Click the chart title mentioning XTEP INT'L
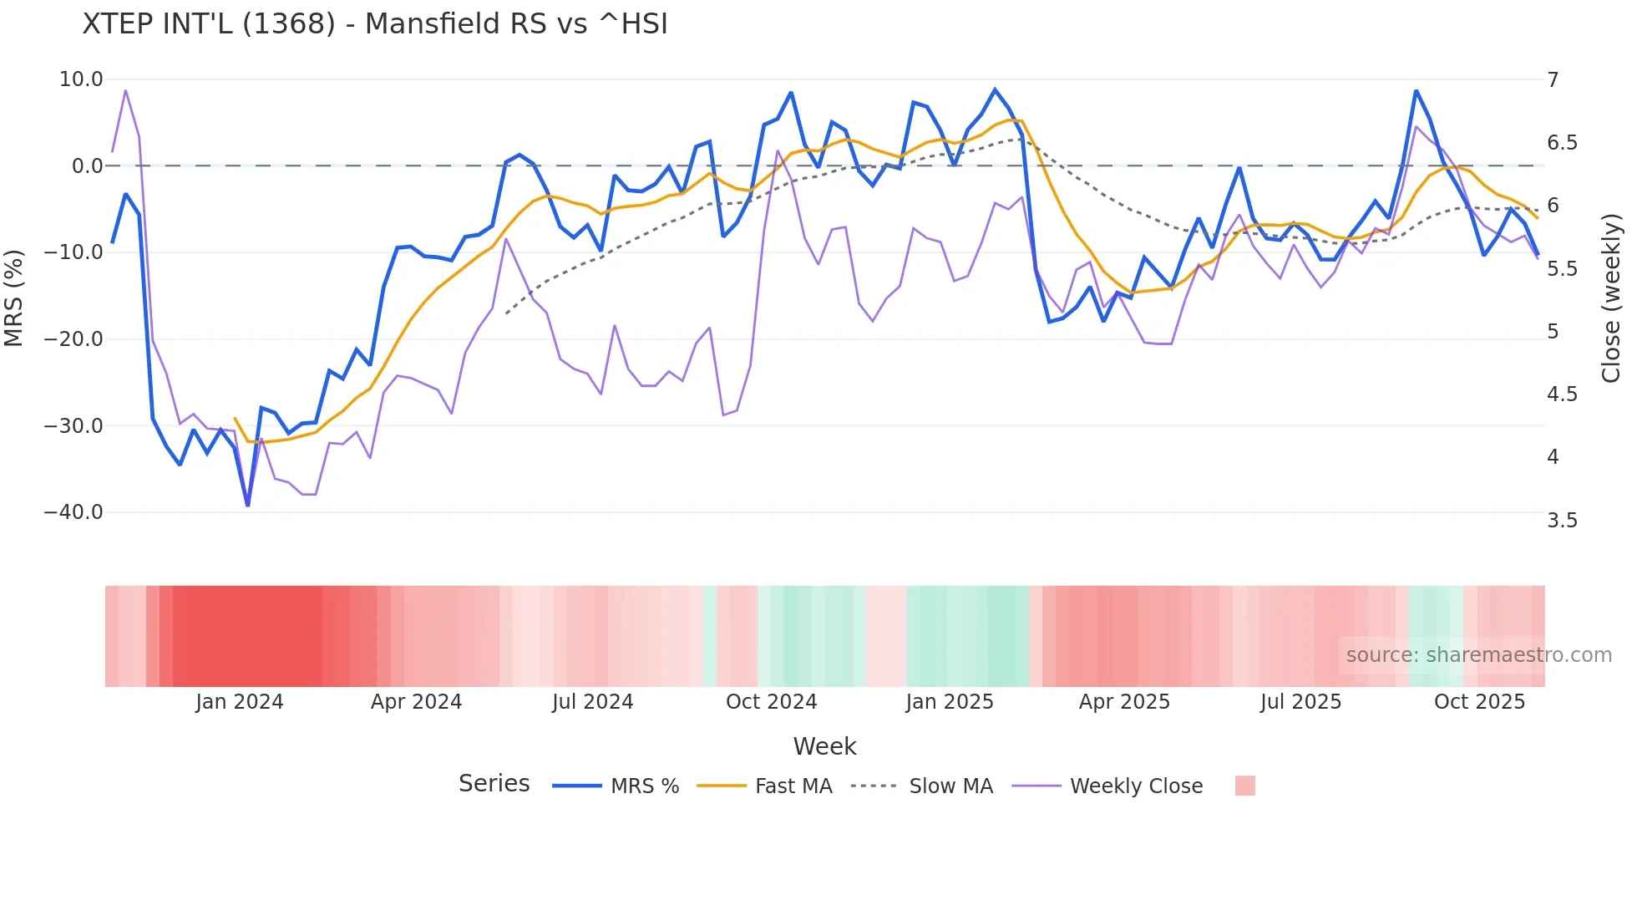(375, 23)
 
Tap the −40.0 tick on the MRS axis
(73, 511)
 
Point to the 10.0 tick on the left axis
(81, 79)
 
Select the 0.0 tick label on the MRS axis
(87, 165)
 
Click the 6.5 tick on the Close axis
(1562, 143)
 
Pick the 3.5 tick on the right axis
(1562, 521)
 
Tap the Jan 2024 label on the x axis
(240, 702)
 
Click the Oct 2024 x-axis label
(771, 702)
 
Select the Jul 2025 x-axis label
(1300, 702)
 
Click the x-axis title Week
(824, 746)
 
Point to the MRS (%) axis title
(14, 298)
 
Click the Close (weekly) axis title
(1611, 298)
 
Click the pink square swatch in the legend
(1244, 786)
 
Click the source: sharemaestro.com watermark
(1478, 655)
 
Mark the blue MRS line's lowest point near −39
(248, 505)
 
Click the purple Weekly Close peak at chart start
(125, 90)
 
